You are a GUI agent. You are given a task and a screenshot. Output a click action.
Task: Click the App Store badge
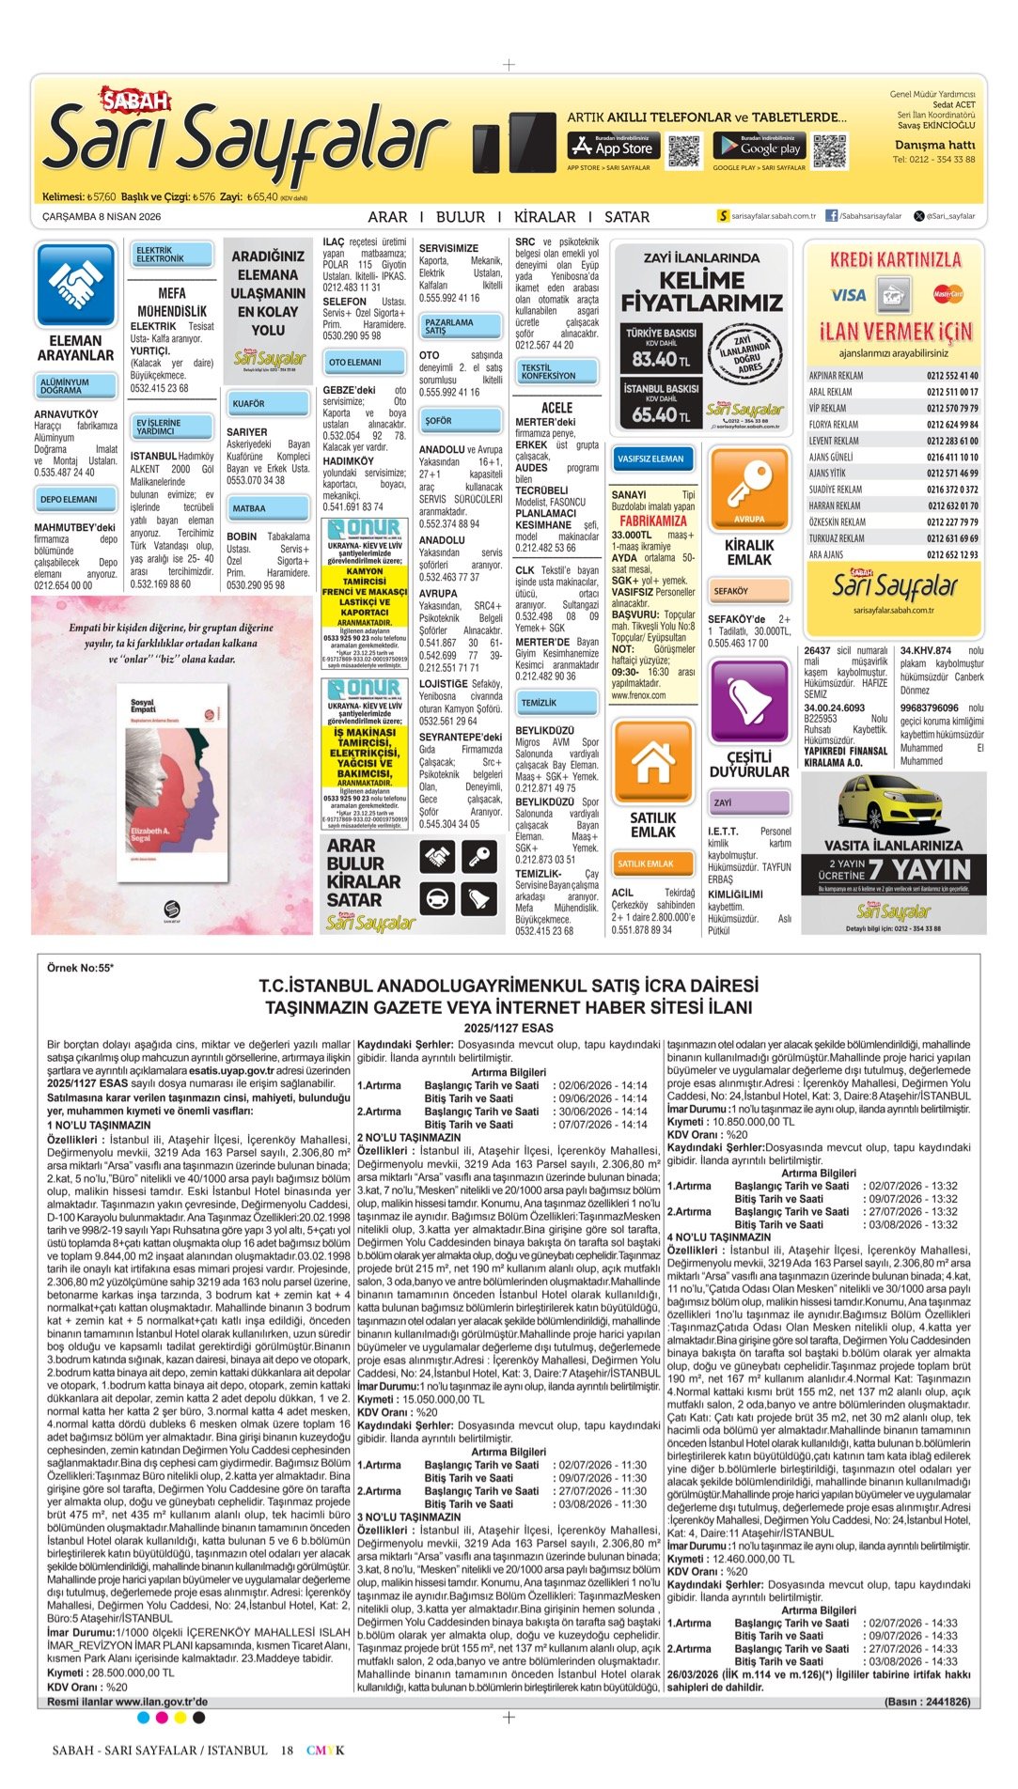(x=612, y=146)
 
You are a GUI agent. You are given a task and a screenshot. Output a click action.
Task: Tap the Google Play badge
(x=760, y=146)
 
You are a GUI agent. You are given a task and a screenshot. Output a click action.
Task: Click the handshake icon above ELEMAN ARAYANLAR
(x=75, y=285)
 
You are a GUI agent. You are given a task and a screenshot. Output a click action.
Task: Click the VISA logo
(x=848, y=295)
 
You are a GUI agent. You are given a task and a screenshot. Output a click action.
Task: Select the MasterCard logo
(x=948, y=295)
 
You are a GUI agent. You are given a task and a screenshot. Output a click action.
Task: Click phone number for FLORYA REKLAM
(x=951, y=425)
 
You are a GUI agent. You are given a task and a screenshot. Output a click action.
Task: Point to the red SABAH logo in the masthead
(x=136, y=100)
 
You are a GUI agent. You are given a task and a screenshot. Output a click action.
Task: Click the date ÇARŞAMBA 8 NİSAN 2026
(x=102, y=217)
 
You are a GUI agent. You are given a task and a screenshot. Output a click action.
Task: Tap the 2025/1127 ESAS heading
(x=509, y=1028)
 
